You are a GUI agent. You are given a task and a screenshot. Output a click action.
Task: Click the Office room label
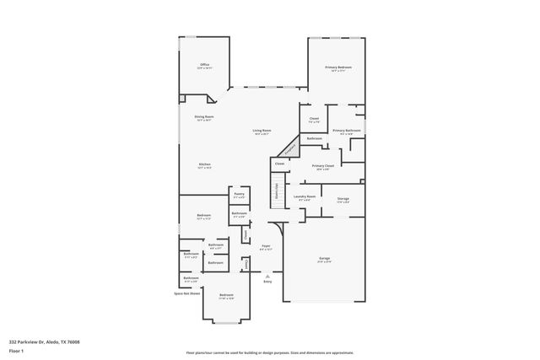point(204,65)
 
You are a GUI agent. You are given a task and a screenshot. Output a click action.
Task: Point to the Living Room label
point(262,131)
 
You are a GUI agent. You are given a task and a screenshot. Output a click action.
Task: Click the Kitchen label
point(205,164)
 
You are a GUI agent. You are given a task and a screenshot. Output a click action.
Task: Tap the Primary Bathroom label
point(346,131)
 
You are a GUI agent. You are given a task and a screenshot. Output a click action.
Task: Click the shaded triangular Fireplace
point(289,149)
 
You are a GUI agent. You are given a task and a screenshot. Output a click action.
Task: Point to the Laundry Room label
point(305,197)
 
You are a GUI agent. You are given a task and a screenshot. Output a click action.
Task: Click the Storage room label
point(343,199)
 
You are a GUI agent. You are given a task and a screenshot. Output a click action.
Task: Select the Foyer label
point(266,247)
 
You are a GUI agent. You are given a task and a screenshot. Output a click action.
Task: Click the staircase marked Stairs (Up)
point(276,193)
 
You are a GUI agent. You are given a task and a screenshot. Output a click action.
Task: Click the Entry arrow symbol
point(267,275)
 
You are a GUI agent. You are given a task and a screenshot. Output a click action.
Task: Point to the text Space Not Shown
point(187,293)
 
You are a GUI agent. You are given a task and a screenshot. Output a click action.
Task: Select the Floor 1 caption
point(15,351)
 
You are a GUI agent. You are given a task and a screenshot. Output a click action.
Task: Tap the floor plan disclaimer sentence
point(270,352)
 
